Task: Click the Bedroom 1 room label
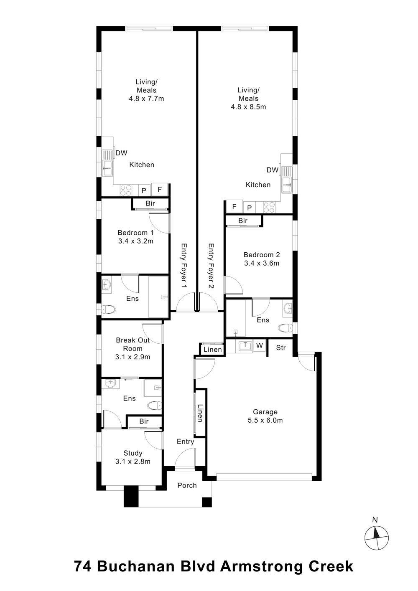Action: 135,237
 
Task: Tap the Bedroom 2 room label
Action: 261,259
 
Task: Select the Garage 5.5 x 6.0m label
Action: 265,416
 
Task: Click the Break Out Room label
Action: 133,348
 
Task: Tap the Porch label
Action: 187,485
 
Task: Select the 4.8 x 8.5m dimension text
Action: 248,107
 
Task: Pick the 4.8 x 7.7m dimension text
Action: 147,99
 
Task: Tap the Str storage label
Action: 281,348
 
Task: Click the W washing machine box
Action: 260,346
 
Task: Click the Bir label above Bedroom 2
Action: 243,221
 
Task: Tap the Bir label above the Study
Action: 144,421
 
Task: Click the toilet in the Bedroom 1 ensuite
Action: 109,309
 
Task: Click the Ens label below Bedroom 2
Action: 263,320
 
